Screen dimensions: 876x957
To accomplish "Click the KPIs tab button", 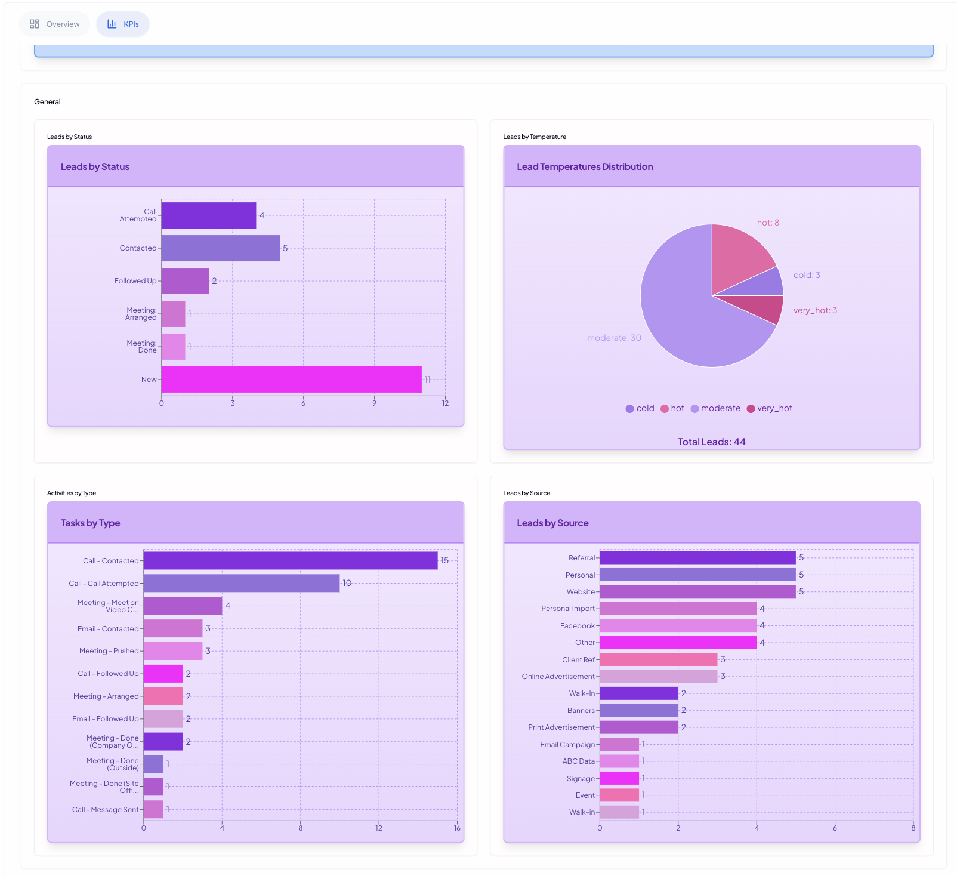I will (123, 24).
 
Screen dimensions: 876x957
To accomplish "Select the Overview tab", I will (55, 24).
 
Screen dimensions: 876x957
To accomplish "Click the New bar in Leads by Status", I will (291, 380).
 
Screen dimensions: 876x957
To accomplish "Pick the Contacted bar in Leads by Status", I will (220, 248).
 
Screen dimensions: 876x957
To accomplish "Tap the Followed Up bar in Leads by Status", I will (185, 281).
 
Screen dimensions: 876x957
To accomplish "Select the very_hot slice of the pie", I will (767, 307).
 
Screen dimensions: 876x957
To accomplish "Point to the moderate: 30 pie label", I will (614, 338).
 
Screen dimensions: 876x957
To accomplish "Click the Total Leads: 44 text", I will (711, 442).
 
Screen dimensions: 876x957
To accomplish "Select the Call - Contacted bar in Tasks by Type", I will (290, 561).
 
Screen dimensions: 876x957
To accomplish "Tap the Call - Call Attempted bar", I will (242, 584).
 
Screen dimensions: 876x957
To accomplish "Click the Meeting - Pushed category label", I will (109, 651).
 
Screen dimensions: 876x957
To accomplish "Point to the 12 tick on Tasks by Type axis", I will (379, 828).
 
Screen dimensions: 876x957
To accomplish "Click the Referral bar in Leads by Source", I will (697, 557).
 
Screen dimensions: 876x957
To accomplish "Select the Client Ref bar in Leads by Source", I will (658, 659).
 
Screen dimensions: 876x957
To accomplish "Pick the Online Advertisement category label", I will (558, 677).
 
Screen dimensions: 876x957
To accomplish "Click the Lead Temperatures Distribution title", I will (585, 167).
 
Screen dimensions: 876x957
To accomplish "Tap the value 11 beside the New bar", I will (428, 380).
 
